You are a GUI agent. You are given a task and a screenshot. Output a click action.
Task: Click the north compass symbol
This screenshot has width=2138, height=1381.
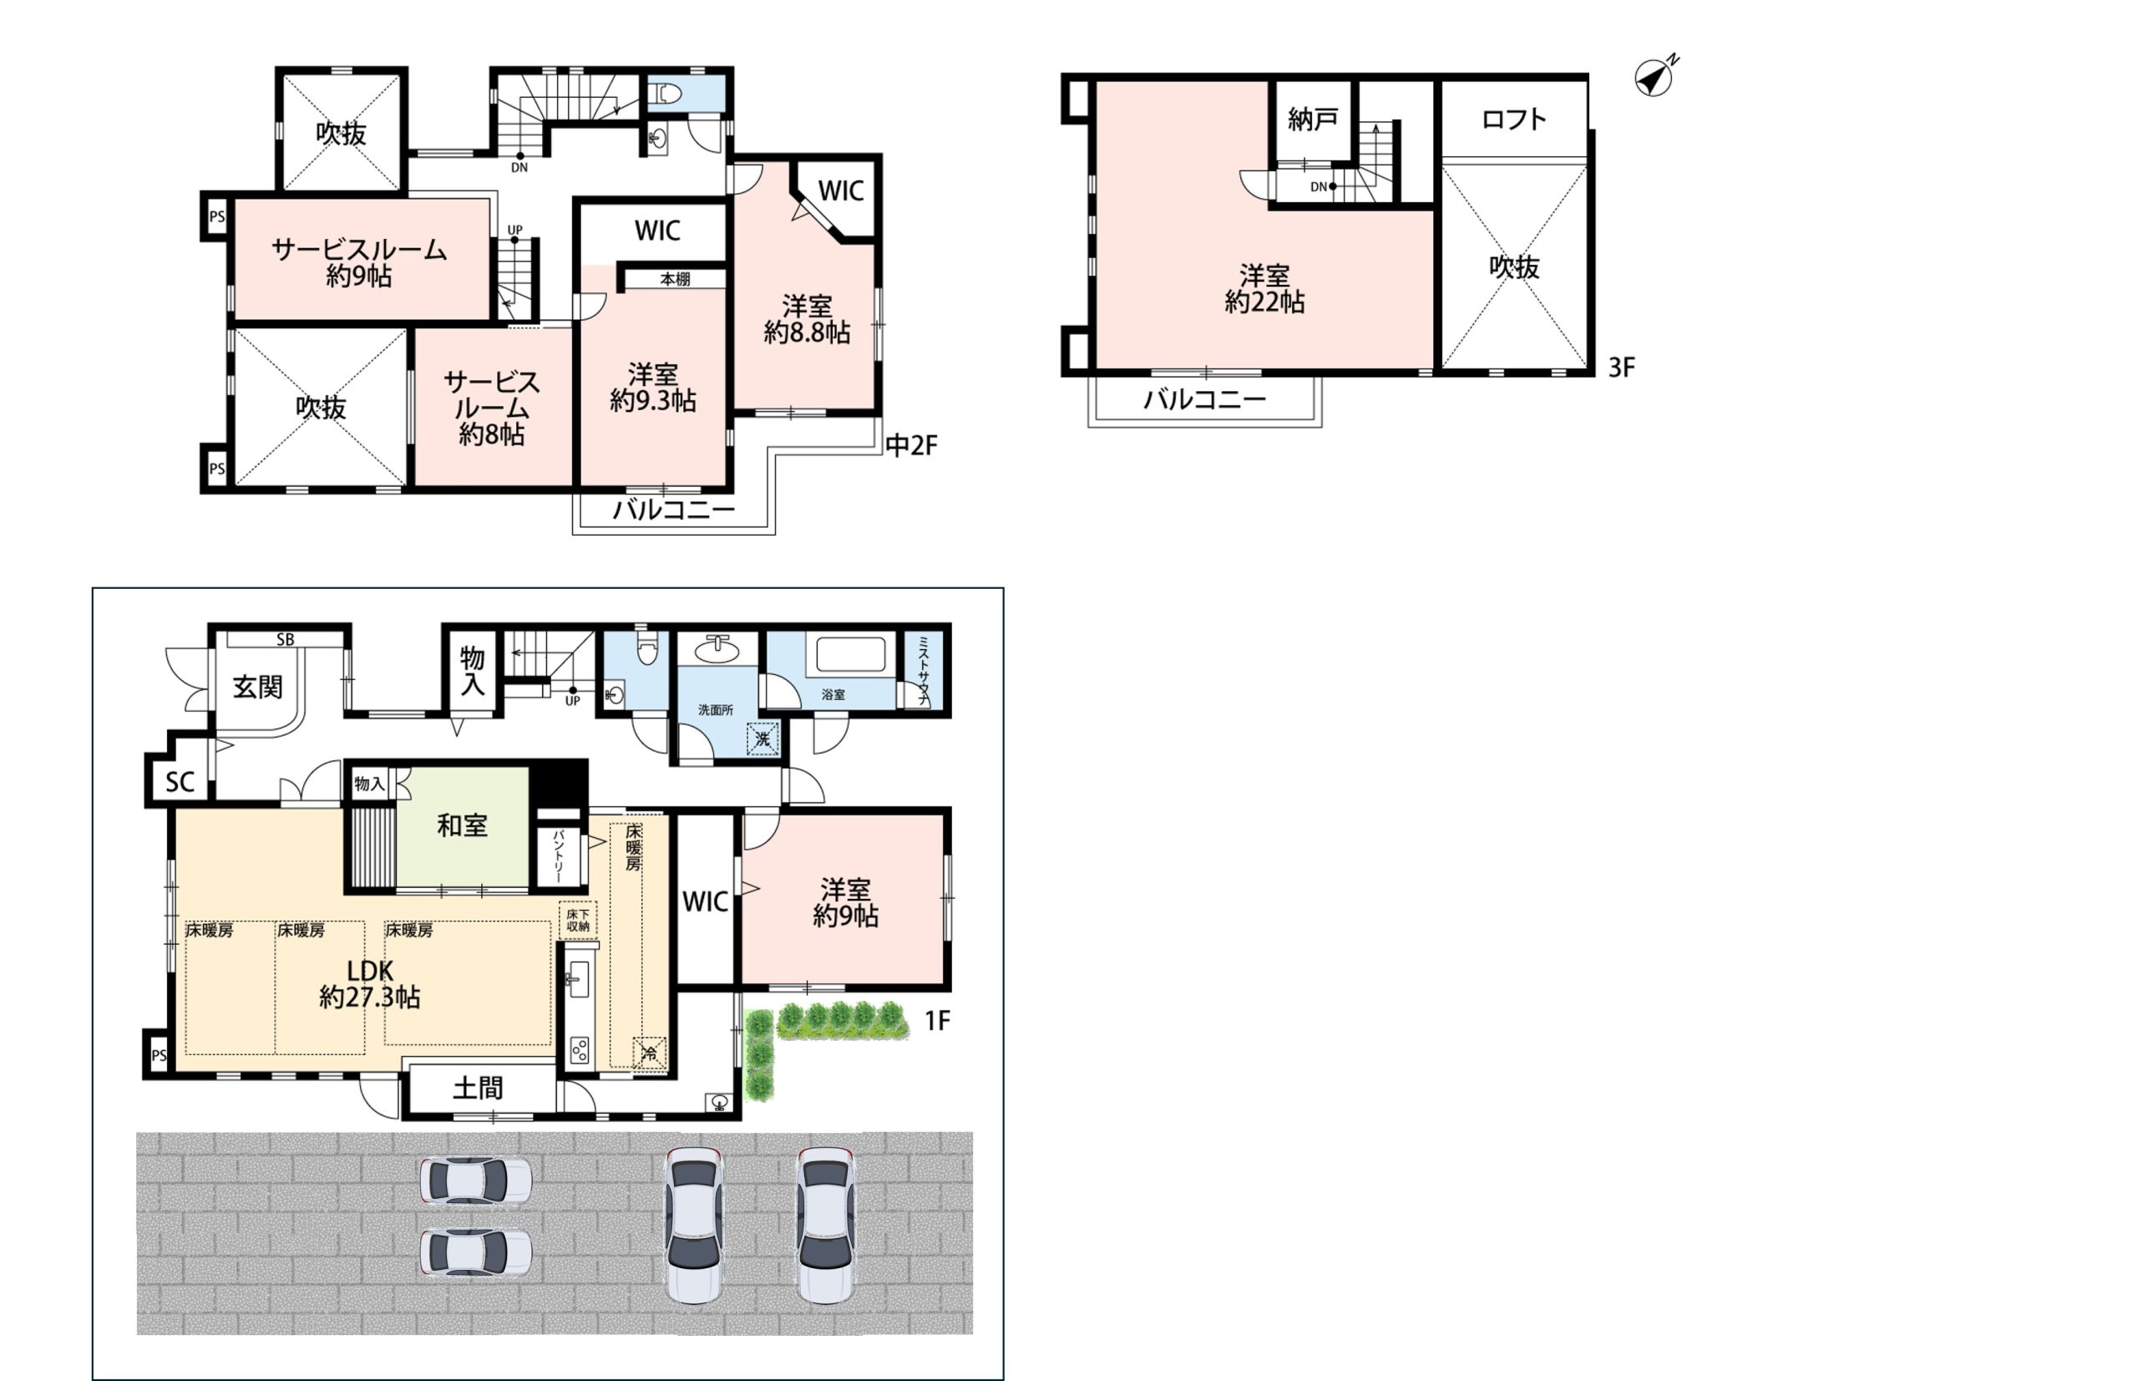[1654, 78]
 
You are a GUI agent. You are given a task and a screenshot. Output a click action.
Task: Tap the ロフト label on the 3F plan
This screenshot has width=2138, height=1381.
[1513, 119]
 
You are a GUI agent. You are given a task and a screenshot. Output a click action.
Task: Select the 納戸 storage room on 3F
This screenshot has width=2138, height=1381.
[1313, 119]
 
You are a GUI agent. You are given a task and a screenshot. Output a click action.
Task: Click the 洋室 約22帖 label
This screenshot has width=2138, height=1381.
[1264, 289]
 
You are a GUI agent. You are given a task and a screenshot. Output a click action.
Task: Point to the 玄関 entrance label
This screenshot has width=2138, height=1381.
[257, 688]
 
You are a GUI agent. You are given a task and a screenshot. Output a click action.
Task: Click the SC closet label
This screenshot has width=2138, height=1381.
[180, 782]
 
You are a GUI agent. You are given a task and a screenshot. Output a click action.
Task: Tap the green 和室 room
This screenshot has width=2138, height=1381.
[463, 826]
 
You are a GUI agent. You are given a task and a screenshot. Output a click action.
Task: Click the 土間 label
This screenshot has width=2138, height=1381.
[478, 1089]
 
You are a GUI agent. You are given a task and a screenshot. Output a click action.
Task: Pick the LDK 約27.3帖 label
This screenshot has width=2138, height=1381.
[369, 983]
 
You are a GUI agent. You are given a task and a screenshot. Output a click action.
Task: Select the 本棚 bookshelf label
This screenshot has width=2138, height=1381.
[675, 280]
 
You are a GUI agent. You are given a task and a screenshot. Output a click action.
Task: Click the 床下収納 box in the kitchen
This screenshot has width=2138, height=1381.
[577, 920]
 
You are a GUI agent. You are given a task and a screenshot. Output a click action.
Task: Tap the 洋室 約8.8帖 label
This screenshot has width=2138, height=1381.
[807, 319]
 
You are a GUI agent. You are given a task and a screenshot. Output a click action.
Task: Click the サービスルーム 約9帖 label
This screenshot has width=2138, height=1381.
[358, 261]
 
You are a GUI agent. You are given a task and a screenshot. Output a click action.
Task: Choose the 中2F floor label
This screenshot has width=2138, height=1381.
[911, 445]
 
